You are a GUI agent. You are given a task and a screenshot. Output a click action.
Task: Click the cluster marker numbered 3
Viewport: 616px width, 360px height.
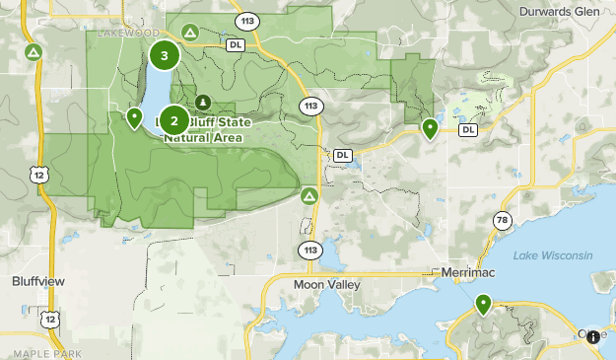click(x=164, y=56)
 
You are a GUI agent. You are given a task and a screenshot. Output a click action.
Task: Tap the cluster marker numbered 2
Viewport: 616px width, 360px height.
click(x=174, y=121)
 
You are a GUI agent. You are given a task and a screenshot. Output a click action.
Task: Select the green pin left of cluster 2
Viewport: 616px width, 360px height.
click(x=135, y=119)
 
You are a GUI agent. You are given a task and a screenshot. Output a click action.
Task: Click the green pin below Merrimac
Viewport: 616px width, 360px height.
click(x=483, y=304)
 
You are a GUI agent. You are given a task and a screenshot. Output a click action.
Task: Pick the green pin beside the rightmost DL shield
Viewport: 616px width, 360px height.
click(x=430, y=128)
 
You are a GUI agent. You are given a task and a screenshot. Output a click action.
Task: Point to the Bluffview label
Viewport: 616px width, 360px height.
click(x=38, y=281)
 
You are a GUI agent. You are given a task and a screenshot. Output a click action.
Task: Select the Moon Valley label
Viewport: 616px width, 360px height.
click(x=327, y=284)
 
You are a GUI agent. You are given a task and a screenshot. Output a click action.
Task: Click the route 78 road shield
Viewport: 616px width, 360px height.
click(x=503, y=220)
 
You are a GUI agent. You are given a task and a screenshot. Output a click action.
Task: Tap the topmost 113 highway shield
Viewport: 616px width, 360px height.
click(x=245, y=19)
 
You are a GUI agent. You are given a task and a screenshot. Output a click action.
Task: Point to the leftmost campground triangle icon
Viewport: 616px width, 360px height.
click(x=34, y=51)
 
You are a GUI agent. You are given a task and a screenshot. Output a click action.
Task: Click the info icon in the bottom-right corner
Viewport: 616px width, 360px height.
click(x=594, y=337)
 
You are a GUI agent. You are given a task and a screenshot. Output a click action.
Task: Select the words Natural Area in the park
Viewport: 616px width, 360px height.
click(x=203, y=137)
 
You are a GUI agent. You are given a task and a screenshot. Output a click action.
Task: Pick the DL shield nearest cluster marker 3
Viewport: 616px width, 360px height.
click(x=236, y=44)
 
